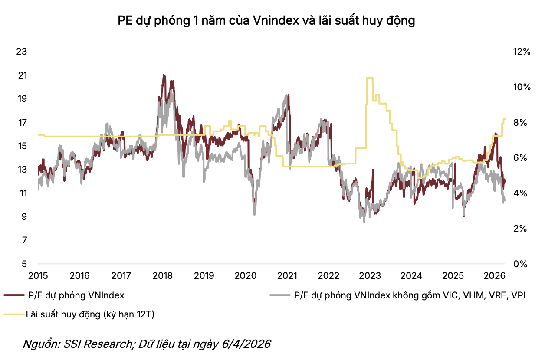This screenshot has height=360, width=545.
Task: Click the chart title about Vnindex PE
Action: [266, 21]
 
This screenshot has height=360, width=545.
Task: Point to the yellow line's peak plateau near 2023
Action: [370, 78]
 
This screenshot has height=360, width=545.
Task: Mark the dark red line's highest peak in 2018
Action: [164, 75]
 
